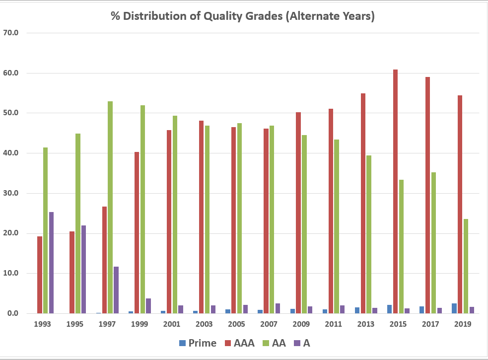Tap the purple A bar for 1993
[x=52, y=263]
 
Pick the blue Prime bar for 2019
[x=454, y=308]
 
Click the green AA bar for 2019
[x=466, y=266]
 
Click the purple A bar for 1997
[x=116, y=290]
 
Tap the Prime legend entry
[x=197, y=343]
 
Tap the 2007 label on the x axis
[x=269, y=324]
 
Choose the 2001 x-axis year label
[x=172, y=324]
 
